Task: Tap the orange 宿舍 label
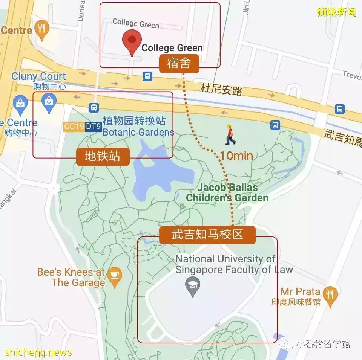[179, 64]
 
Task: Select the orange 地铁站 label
[103, 156]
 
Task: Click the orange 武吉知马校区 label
[207, 235]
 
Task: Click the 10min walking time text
[236, 155]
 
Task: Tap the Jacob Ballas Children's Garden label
[227, 192]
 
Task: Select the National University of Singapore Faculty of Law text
[234, 264]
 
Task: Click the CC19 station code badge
[74, 127]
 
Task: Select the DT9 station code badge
[93, 127]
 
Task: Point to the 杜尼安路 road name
[221, 90]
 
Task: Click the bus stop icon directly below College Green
[147, 76]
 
